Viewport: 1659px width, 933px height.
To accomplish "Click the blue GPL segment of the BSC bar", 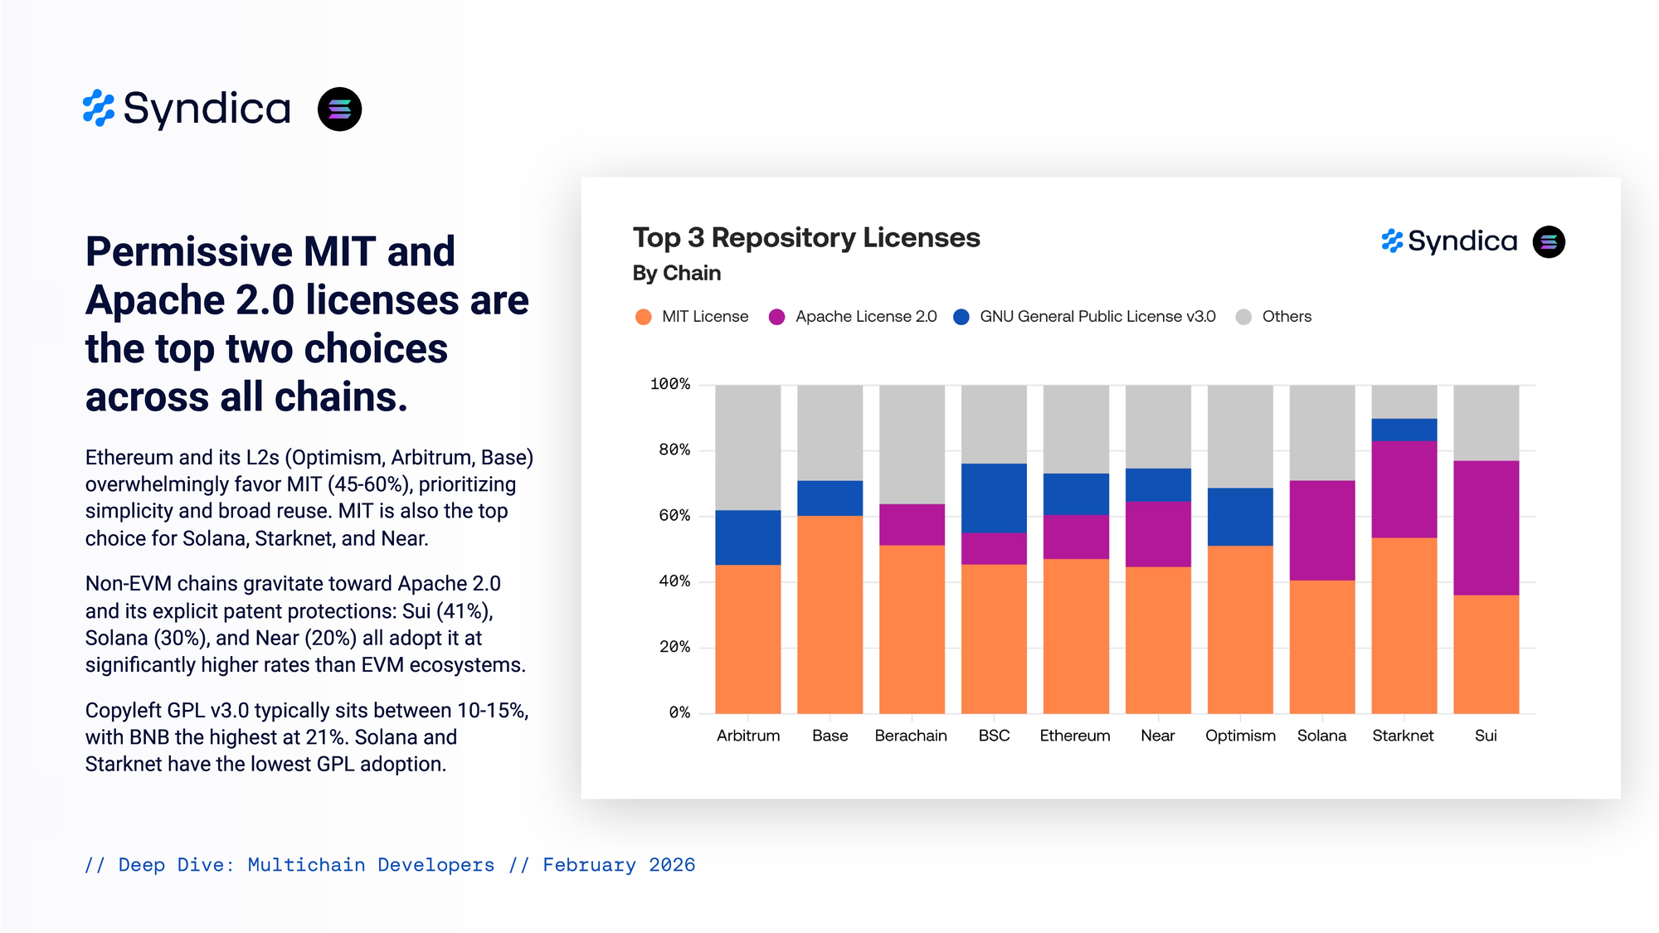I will tap(994, 498).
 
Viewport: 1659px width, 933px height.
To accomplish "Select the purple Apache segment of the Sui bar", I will tap(1486, 527).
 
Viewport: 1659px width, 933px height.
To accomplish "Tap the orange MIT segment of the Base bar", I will tap(829, 614).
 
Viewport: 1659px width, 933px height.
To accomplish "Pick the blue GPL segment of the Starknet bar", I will tap(1404, 430).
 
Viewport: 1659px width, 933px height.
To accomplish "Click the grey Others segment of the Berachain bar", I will tap(912, 444).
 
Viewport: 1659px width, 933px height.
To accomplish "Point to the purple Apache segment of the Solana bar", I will tap(1321, 530).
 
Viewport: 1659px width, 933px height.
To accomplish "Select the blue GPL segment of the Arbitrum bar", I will tap(747, 537).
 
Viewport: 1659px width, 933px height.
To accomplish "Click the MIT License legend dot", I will tap(643, 317).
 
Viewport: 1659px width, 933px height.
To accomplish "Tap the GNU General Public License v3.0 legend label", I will tap(1097, 317).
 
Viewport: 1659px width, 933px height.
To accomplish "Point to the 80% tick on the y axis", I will tap(674, 450).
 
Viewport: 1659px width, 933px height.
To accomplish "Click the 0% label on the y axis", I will tap(679, 712).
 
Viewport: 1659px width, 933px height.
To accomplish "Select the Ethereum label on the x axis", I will tap(1074, 736).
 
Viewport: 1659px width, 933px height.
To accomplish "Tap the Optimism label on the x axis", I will tap(1240, 736).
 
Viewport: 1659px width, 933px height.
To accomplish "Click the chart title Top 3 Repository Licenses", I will tap(805, 238).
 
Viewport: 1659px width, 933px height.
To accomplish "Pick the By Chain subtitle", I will tap(676, 273).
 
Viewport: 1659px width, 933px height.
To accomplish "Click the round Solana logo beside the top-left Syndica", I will tap(339, 109).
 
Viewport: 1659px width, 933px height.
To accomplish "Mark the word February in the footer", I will tap(589, 865).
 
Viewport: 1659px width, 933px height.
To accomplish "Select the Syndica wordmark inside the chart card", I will tap(1462, 241).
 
